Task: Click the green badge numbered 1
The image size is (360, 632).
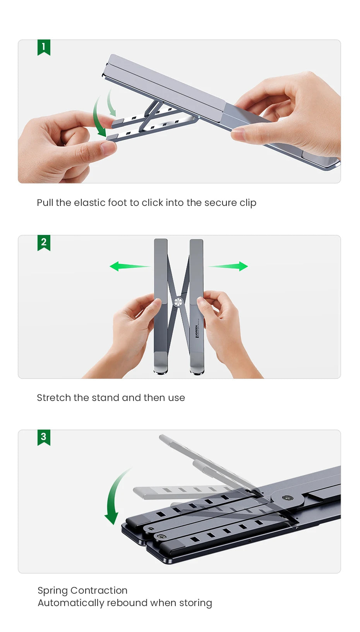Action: tap(44, 47)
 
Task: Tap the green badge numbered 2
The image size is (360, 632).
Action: tap(44, 242)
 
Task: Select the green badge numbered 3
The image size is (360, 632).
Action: tap(44, 437)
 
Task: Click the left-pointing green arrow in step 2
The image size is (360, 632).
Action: tap(128, 266)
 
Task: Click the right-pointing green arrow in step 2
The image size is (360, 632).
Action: tap(230, 266)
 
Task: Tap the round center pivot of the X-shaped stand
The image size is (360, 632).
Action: tap(178, 302)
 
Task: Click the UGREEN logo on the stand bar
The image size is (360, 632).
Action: tap(197, 331)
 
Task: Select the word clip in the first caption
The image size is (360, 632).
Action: tap(248, 203)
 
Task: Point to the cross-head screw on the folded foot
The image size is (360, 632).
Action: tap(161, 537)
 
